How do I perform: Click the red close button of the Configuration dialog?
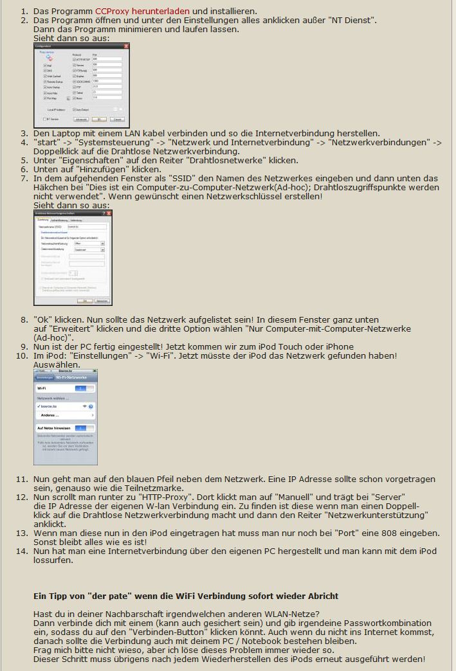coord(126,46)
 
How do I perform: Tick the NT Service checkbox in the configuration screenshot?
coord(45,119)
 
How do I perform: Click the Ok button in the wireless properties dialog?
coord(84,301)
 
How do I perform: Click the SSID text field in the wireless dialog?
coord(86,227)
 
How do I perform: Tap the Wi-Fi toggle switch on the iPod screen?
coord(80,389)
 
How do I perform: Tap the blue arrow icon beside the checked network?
coord(91,407)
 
